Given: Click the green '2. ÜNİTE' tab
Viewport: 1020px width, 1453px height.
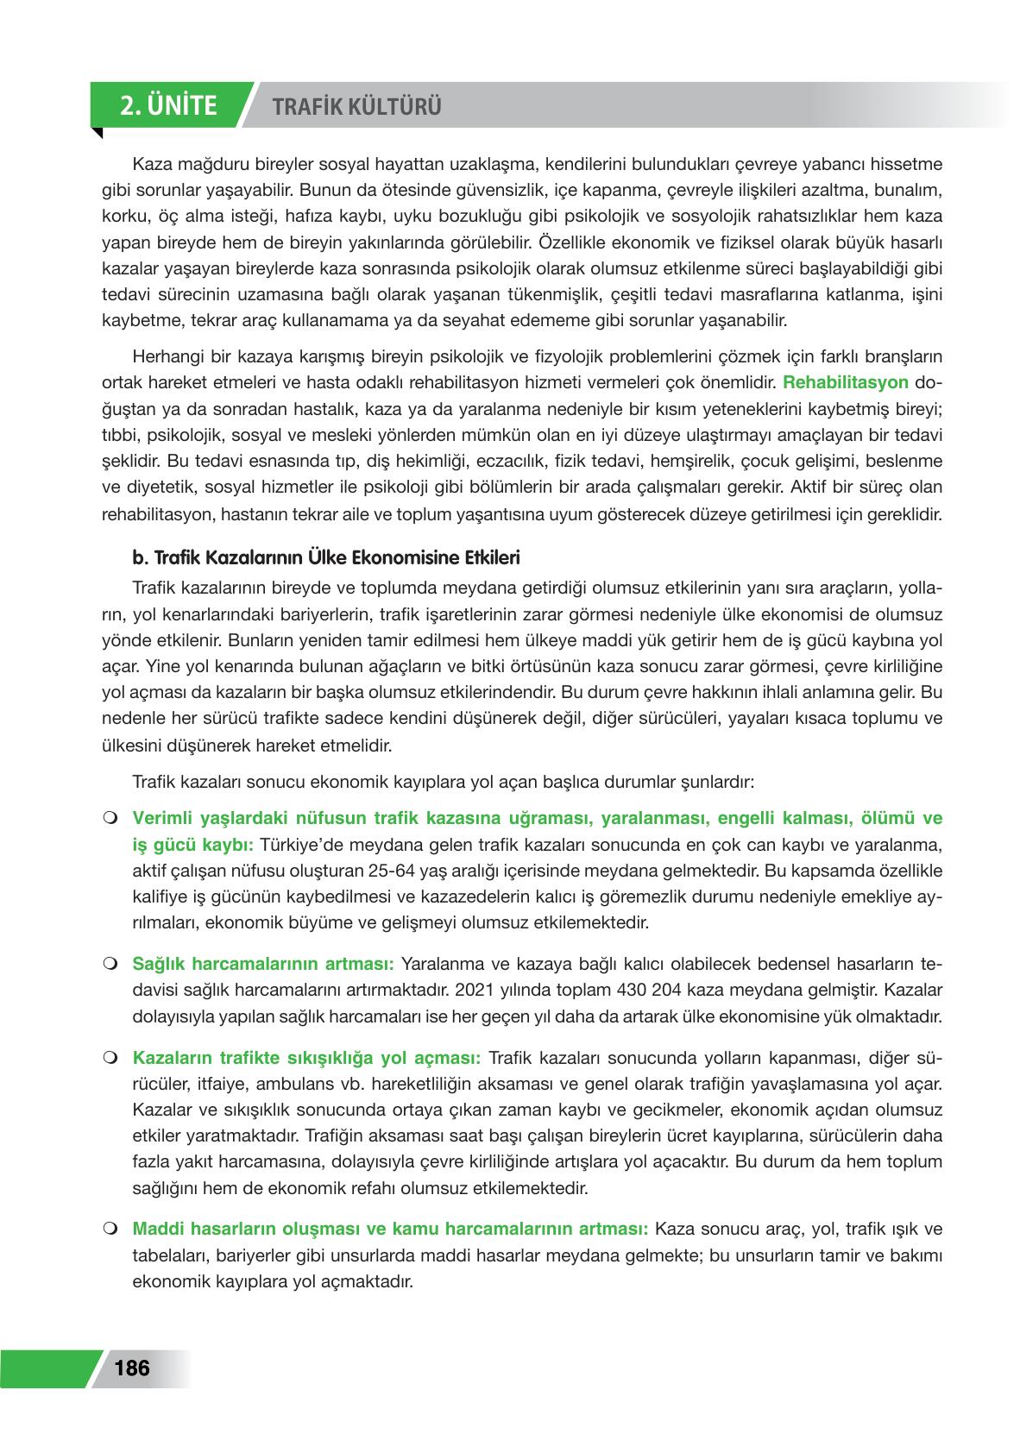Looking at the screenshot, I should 169,106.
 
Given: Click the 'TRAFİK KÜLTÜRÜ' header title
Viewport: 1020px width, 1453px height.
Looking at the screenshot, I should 356,107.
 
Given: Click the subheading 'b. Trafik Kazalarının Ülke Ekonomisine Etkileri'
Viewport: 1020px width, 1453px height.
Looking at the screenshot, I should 325,557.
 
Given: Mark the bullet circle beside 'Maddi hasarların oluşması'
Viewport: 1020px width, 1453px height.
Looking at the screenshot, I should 110,1228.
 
